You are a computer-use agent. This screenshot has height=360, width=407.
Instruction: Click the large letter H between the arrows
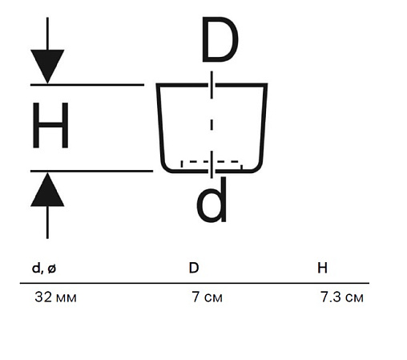coord(50,125)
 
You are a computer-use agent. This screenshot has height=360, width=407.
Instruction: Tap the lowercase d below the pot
coord(212,200)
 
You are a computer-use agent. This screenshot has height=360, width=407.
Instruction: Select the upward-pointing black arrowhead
coord(47,189)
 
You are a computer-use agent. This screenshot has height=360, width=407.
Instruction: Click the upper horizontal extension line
coord(87,85)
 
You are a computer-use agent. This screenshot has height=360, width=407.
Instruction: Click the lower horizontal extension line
coord(91,171)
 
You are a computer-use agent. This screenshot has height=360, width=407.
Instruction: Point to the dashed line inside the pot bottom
coord(212,161)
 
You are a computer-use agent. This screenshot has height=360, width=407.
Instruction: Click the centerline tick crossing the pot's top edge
coord(212,85)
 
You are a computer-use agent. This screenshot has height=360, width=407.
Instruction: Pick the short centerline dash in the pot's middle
coord(212,125)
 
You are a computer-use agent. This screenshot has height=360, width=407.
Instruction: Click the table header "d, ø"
coord(44,268)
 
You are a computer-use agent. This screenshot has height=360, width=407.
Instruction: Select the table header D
coord(194,268)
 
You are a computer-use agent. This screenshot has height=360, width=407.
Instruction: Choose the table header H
coord(322,268)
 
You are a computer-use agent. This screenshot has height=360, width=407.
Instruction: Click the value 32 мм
coord(55,297)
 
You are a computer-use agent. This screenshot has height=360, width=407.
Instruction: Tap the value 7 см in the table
coord(207,297)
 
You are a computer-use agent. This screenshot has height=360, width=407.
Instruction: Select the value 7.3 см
coord(342,297)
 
